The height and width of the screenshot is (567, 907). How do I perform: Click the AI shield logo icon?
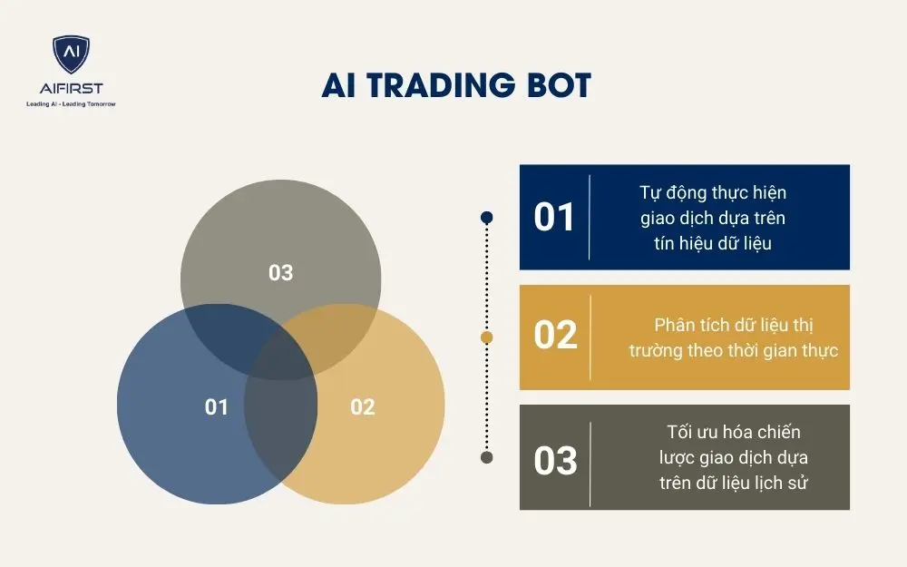tap(71, 55)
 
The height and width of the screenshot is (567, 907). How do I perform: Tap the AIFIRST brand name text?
tap(71, 88)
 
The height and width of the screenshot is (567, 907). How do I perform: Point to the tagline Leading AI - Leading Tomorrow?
tap(71, 104)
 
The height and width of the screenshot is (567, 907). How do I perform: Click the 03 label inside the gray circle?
tap(281, 272)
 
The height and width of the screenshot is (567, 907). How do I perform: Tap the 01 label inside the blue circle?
tap(217, 407)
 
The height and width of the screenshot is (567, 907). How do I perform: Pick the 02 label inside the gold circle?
tap(363, 407)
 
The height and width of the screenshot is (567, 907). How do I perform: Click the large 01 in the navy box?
tap(554, 218)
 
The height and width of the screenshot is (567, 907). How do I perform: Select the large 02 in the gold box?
tap(555, 336)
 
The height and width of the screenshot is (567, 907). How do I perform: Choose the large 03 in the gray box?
tap(555, 461)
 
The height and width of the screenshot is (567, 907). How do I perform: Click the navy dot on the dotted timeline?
tap(487, 218)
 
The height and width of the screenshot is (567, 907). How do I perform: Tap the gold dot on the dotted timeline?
tap(487, 337)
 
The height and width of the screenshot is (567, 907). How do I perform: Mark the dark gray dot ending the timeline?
tap(487, 457)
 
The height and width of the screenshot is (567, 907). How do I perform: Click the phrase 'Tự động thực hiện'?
tap(713, 192)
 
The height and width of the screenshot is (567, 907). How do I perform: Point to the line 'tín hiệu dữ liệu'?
tap(713, 243)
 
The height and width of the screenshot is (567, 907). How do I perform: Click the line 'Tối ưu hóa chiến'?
tap(734, 432)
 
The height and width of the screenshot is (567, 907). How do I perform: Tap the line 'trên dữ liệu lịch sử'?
tap(734, 483)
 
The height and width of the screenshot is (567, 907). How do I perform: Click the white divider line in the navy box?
tap(590, 217)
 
